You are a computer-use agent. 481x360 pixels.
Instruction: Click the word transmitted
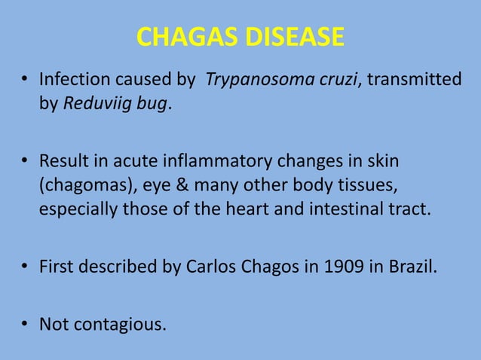[x=414, y=79]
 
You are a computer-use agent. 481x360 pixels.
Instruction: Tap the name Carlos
[x=207, y=267]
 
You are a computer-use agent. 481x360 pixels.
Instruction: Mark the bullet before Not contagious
[x=25, y=325]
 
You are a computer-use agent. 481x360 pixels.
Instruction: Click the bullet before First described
[x=25, y=267]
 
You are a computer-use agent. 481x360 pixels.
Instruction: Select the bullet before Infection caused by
[x=25, y=79]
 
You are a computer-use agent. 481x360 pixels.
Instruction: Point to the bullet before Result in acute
[x=25, y=161]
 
